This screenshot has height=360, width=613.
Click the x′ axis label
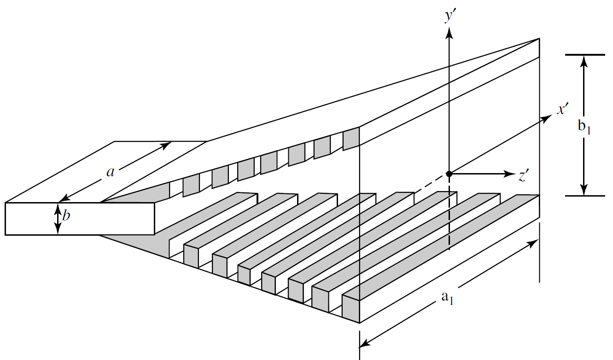point(563,110)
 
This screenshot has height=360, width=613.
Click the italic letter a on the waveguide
point(110,172)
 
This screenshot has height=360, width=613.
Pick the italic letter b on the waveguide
point(67,215)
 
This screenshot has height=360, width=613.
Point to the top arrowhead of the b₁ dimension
point(584,60)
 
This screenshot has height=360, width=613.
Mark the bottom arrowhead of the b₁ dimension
point(584,190)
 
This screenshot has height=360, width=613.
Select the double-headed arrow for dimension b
point(58,219)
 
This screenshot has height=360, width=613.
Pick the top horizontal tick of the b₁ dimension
point(584,55)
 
